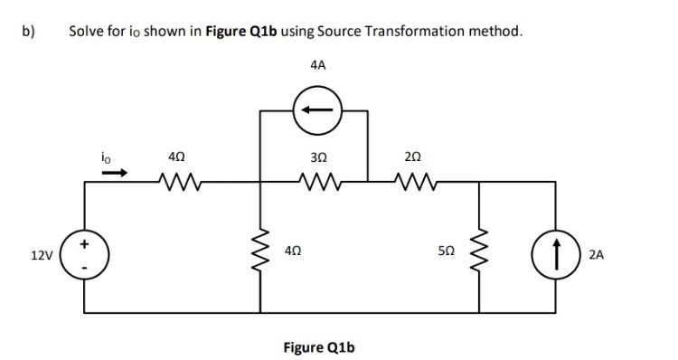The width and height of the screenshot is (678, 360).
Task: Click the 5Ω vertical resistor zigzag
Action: pyautogui.click(x=480, y=256)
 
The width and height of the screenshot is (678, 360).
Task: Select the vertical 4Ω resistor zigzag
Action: pyautogui.click(x=262, y=256)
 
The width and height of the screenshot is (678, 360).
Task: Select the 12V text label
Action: pyautogui.click(x=41, y=257)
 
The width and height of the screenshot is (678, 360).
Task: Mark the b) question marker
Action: pyautogui.click(x=28, y=31)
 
